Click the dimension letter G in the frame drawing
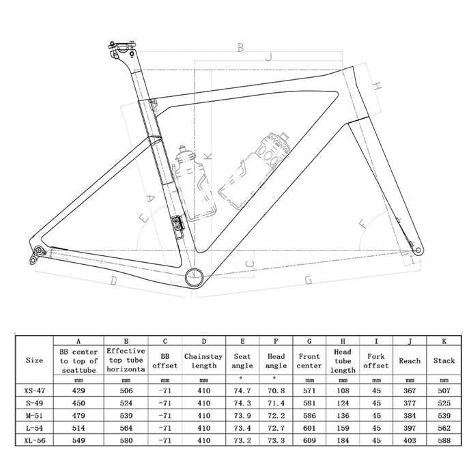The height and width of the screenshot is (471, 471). (x=309, y=280)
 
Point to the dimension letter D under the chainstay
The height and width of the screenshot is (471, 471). (x=113, y=281)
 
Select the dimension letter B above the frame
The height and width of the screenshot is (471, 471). (x=240, y=47)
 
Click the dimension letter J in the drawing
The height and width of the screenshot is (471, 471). (x=269, y=59)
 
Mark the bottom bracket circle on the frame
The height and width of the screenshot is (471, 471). (x=194, y=276)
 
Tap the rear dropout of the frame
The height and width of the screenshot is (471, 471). (x=38, y=254)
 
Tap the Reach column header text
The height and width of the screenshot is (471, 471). (x=410, y=360)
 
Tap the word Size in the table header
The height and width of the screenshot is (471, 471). (x=34, y=360)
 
